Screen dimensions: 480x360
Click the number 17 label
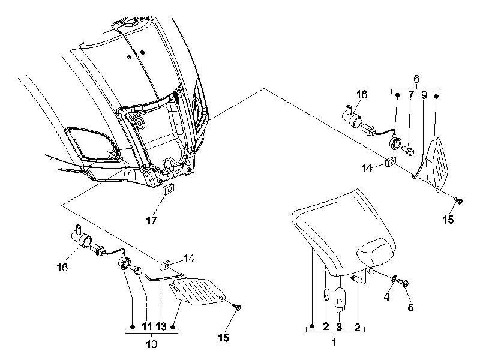pos(152,220)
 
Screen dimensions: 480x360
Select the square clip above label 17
pos(168,189)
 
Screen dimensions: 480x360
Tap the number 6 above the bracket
pos(416,79)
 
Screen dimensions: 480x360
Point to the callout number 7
pos(411,95)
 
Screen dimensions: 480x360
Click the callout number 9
pos(424,95)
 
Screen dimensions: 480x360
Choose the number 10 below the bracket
pos(151,344)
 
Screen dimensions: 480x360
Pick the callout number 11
pos(147,326)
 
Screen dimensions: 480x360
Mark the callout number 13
pos(161,326)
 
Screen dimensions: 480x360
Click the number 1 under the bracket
pos(334,341)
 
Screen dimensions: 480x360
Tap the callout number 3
pos(339,326)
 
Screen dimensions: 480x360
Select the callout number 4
pos(387,296)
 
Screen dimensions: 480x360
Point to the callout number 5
pos(410,307)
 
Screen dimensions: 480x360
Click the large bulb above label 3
pos(340,299)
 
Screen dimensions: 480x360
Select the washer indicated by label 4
pos(395,278)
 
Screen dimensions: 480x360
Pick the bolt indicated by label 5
pos(404,283)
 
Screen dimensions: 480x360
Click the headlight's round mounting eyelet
pos(371,271)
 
